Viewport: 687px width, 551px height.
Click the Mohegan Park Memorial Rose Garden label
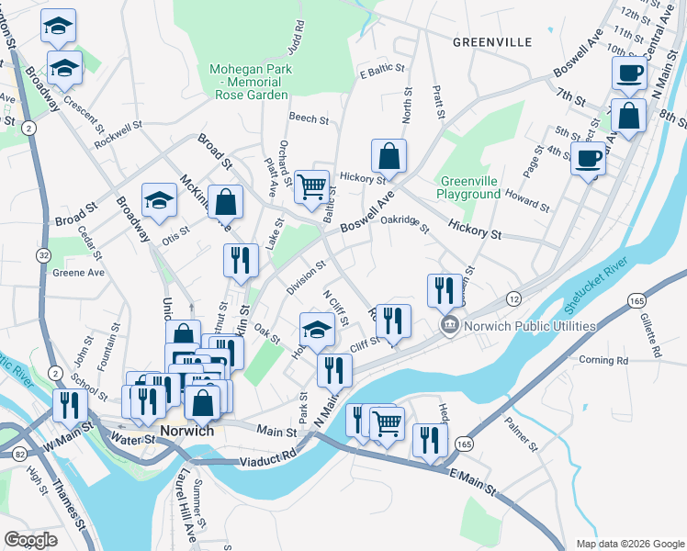coord(250,81)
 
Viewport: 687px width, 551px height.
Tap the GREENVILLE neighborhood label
coord(492,42)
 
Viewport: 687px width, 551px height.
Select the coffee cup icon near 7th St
coord(630,73)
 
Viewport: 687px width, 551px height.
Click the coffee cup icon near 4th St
coord(588,159)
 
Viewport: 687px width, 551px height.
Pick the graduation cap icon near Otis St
coord(159,201)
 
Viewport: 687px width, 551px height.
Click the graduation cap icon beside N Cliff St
coord(317,330)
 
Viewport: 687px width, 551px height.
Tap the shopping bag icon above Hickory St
coord(389,156)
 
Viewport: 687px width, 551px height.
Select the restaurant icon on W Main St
coord(70,405)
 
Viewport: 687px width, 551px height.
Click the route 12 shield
coord(513,299)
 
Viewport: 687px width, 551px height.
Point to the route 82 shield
coord(19,454)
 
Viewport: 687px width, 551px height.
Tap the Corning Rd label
coord(603,361)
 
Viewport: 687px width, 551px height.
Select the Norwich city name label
coord(187,431)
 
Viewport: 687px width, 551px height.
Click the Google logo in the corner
coord(31,540)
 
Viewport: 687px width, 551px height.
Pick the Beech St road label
coord(309,118)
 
